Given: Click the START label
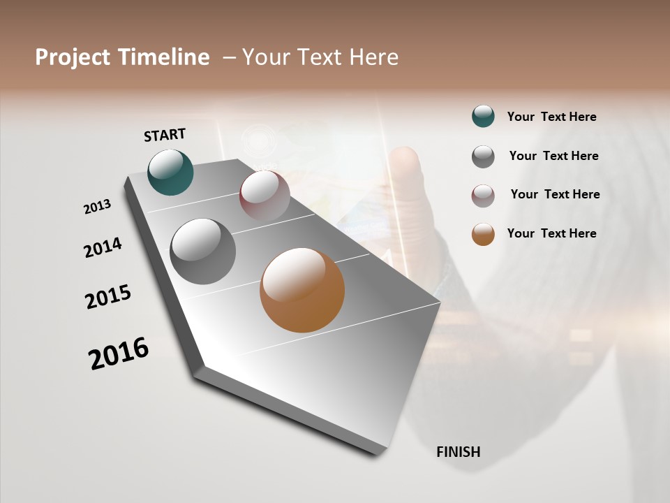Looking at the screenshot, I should coord(165,135).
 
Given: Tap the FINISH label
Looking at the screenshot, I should coord(459,452).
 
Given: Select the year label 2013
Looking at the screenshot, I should coord(97,207).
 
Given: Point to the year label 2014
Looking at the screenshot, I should coord(103,248).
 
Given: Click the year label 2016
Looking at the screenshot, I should coord(119,353).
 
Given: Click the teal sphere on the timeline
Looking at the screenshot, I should coord(170,172).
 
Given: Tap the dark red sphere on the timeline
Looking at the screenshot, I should coord(265,196).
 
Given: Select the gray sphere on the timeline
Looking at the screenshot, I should coord(202,251).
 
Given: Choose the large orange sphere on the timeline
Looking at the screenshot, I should coord(302,290).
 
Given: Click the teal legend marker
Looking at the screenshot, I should coord(483,117).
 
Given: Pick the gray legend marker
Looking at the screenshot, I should coord(483,156).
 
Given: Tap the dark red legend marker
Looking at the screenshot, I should coord(483,195).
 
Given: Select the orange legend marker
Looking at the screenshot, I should coord(483,234).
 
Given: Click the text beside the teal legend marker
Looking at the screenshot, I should coord(551,117).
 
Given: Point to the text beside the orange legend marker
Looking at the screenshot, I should coord(551,233).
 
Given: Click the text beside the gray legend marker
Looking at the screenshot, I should coord(553,156).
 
